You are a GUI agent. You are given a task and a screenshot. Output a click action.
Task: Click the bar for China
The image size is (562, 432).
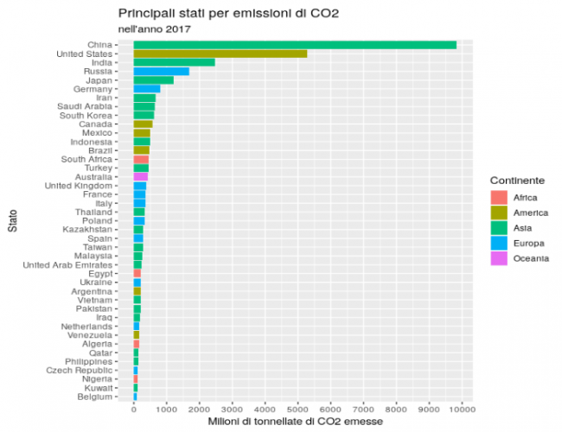pyautogui.click(x=294, y=45)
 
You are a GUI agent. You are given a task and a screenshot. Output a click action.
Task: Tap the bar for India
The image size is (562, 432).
pyautogui.click(x=174, y=62)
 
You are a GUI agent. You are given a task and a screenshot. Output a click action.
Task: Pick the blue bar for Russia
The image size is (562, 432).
pyautogui.click(x=161, y=72)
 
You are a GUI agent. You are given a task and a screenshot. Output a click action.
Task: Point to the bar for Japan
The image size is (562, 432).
pyautogui.click(x=153, y=80)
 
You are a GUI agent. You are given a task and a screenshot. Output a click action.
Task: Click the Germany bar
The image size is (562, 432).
pyautogui.click(x=146, y=89)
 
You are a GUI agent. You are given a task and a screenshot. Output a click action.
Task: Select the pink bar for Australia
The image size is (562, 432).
pyautogui.click(x=140, y=177)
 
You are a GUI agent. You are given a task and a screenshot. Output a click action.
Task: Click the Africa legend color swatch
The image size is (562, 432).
pyautogui.click(x=498, y=198)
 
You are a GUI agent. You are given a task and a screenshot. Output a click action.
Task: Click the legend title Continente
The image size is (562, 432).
pyautogui.click(x=517, y=180)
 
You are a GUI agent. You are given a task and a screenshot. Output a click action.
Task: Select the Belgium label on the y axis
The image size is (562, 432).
pyautogui.click(x=94, y=397)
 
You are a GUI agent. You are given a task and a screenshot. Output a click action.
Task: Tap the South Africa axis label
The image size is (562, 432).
pyautogui.click(x=86, y=159)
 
